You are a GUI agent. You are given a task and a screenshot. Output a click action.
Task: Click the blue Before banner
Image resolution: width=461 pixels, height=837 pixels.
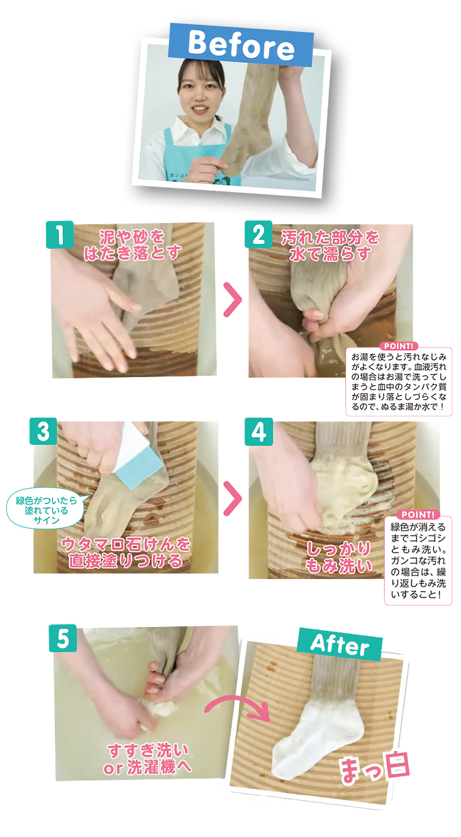coord(241,45)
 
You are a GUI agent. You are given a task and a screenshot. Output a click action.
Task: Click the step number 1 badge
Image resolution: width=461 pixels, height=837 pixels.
coord(60,235)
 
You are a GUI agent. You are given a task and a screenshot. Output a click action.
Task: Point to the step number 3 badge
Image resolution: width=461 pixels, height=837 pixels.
coord(43,431)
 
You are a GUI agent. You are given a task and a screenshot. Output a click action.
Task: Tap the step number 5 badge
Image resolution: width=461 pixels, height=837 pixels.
coord(63,638)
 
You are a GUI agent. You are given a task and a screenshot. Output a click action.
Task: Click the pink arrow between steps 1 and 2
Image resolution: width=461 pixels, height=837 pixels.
coord(232,300)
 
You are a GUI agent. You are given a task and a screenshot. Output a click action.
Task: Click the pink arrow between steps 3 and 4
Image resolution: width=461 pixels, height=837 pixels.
coord(232,498)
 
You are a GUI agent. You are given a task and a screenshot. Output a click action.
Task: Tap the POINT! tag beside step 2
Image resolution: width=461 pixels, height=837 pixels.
coord(400,346)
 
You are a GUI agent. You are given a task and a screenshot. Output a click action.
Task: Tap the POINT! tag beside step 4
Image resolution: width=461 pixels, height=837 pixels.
coord(417,514)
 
